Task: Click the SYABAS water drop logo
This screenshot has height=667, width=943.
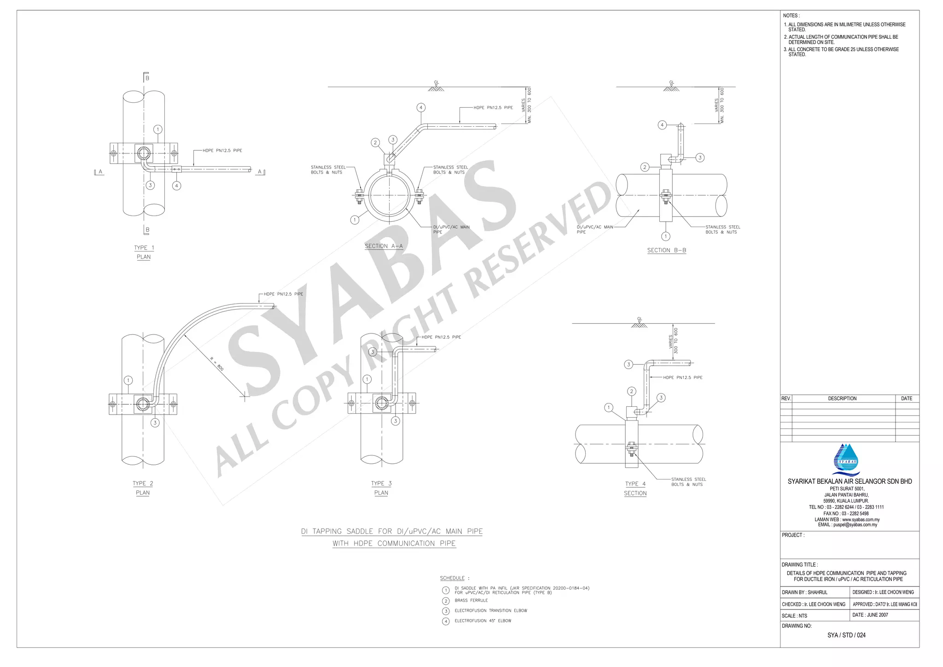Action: click(x=846, y=459)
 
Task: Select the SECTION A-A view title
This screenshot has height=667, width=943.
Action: click(x=384, y=246)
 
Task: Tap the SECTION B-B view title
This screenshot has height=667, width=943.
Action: click(x=666, y=250)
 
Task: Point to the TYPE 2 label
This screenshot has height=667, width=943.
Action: click(x=143, y=483)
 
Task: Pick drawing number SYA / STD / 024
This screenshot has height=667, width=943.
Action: click(x=846, y=635)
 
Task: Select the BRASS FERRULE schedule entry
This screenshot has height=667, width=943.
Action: click(x=471, y=601)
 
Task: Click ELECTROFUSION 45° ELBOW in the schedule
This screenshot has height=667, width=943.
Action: click(x=483, y=621)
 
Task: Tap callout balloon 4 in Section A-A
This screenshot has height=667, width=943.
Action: click(x=421, y=108)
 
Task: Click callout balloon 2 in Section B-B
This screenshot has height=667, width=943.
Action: click(x=645, y=167)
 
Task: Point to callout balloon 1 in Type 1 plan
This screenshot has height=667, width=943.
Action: click(x=158, y=129)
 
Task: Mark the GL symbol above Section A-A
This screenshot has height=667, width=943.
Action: click(x=436, y=86)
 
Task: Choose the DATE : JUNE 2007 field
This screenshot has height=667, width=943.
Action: click(x=870, y=615)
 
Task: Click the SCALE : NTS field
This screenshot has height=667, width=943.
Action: click(x=794, y=616)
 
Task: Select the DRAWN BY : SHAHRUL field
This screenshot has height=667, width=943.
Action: click(x=804, y=592)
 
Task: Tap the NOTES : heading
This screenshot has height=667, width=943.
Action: click(x=791, y=16)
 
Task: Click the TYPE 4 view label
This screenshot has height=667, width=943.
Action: click(x=635, y=484)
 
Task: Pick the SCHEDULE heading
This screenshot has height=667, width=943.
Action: click(x=452, y=578)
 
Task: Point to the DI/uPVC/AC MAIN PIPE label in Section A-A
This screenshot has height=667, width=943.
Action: click(x=451, y=229)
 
